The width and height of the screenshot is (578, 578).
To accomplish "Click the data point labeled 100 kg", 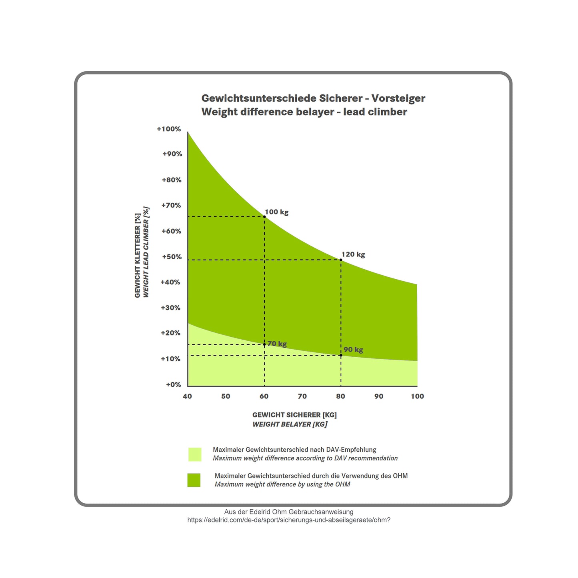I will (264, 217).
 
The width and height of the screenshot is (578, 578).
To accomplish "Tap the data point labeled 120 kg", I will (341, 260).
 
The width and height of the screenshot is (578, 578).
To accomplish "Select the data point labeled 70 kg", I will (264, 344).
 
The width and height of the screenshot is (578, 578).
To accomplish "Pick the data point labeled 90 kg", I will (341, 355).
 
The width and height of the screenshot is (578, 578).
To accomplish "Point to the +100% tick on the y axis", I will (169, 129).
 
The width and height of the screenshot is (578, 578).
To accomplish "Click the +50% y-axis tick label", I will (172, 257).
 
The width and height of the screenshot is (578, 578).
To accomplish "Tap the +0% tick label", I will (174, 384).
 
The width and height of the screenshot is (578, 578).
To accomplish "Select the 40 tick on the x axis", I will (187, 396).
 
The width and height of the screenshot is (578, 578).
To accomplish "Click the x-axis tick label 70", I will (302, 396).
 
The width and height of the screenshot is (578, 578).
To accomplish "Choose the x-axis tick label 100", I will (417, 396).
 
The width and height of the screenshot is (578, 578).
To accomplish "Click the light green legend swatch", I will (195, 454).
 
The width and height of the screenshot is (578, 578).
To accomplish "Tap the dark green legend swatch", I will (194, 480).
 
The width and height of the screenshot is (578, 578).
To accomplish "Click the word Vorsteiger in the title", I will (398, 98).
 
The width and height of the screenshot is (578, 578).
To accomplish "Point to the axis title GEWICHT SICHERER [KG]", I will (294, 415).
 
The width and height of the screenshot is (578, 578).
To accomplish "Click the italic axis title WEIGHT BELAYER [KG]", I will (290, 424).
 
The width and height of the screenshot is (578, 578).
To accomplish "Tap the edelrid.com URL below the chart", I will (289, 520).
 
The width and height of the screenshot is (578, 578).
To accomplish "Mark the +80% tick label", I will (172, 180).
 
